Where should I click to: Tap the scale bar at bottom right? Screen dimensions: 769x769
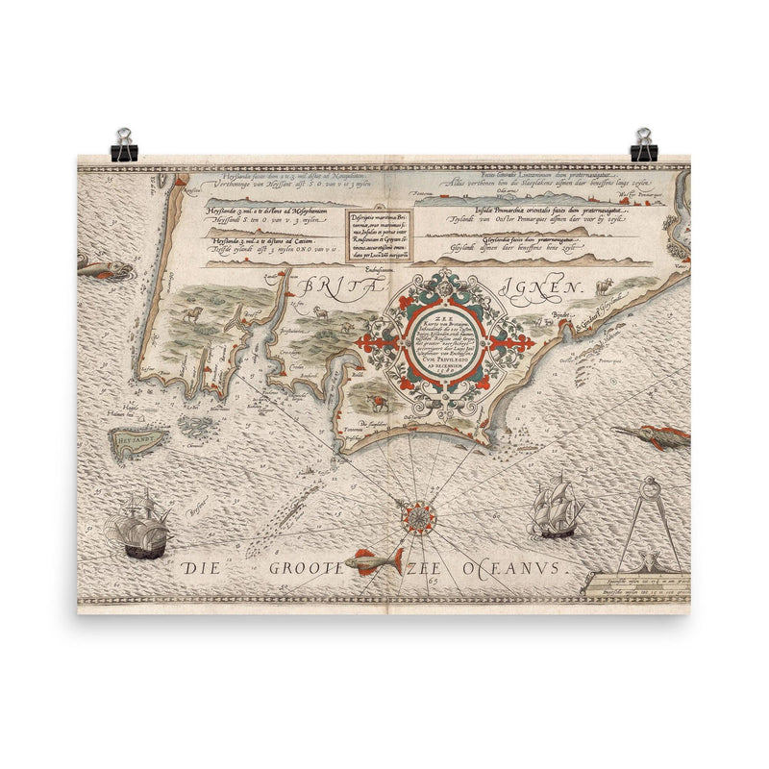(x=634, y=585)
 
